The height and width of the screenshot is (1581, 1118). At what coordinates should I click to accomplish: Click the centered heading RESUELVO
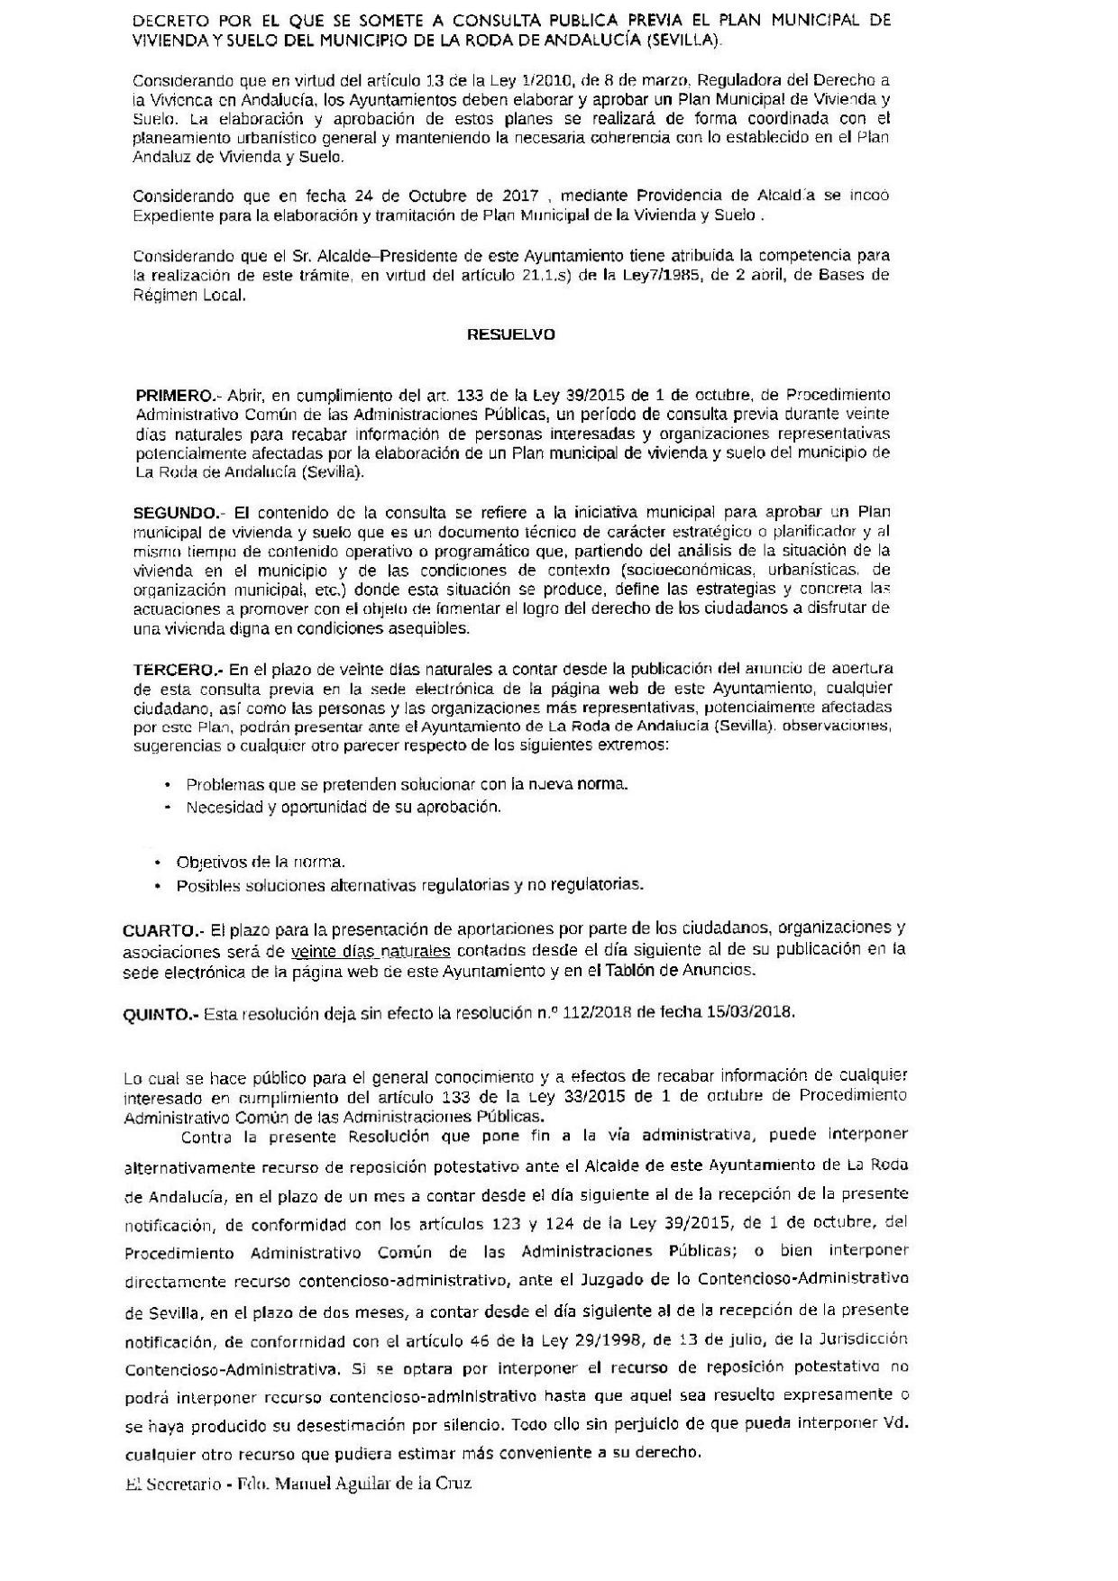pyautogui.click(x=510, y=334)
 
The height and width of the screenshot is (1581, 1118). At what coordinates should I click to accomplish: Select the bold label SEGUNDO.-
pyautogui.click(x=175, y=512)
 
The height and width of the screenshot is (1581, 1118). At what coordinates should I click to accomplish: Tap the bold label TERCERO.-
pyautogui.click(x=177, y=669)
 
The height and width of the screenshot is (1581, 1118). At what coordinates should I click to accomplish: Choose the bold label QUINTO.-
pyautogui.click(x=160, y=1013)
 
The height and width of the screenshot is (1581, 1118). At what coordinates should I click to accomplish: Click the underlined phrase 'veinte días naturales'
pyautogui.click(x=371, y=950)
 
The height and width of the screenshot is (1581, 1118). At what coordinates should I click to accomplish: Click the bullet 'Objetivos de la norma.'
pyautogui.click(x=261, y=862)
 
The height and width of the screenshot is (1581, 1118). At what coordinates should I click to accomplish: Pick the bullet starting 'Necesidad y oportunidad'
pyautogui.click(x=343, y=807)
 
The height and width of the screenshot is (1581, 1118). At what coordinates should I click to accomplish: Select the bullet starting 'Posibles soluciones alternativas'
pyautogui.click(x=410, y=885)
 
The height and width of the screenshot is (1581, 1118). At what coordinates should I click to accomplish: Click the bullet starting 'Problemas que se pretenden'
pyautogui.click(x=407, y=784)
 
